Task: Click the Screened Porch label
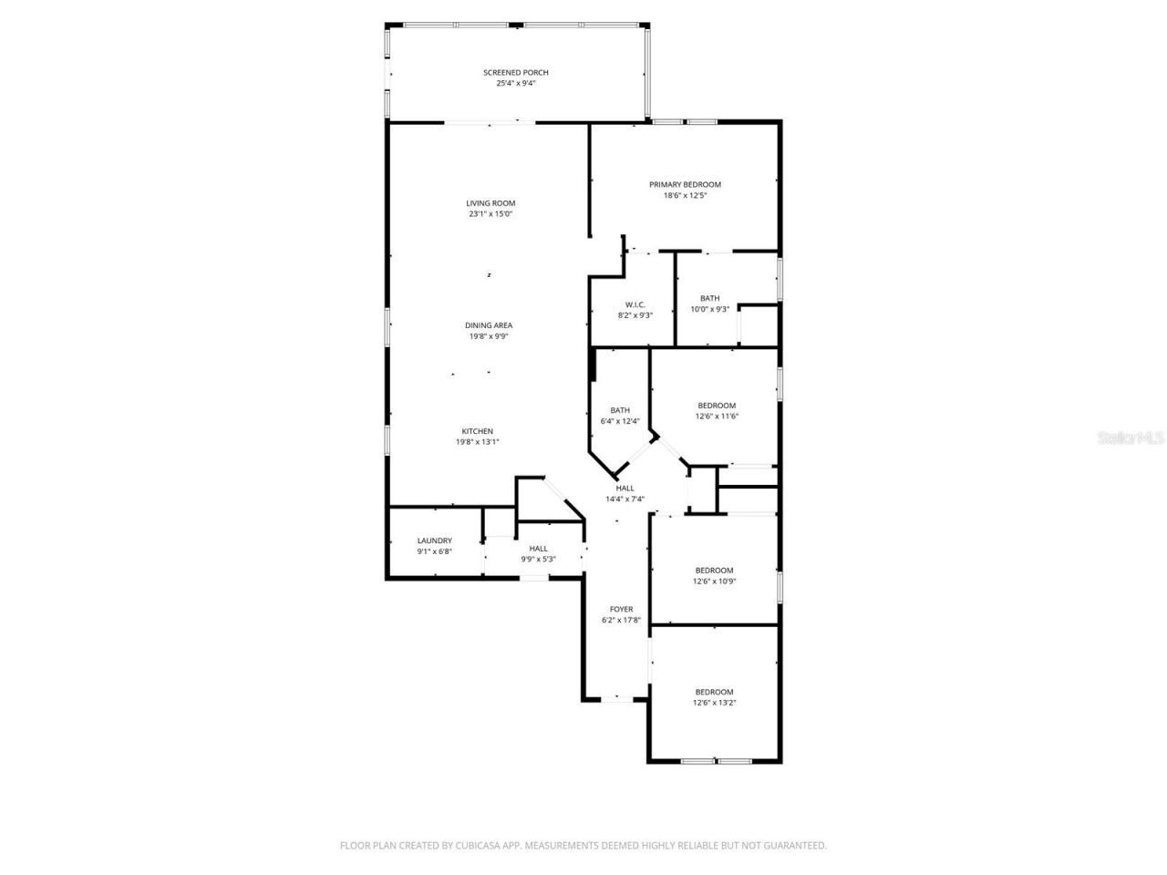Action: (x=515, y=73)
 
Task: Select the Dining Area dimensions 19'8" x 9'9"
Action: (x=488, y=336)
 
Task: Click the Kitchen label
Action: (x=477, y=431)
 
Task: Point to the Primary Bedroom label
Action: (x=685, y=184)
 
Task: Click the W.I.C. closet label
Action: (x=635, y=304)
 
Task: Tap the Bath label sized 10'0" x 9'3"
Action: (x=709, y=298)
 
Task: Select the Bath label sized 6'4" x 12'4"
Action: (x=620, y=410)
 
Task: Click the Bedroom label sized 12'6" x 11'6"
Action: (x=717, y=406)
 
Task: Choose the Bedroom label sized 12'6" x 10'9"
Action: (x=714, y=571)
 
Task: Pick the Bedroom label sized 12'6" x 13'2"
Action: (x=714, y=692)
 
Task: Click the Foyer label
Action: (x=621, y=609)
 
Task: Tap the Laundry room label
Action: (x=434, y=540)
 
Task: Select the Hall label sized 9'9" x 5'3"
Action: (x=538, y=549)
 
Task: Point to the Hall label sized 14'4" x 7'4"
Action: (x=625, y=488)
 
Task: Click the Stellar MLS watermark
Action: (x=1131, y=438)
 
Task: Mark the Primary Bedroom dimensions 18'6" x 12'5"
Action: (x=685, y=195)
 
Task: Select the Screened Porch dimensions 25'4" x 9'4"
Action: (x=515, y=84)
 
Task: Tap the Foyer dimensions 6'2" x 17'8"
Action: (x=621, y=620)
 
